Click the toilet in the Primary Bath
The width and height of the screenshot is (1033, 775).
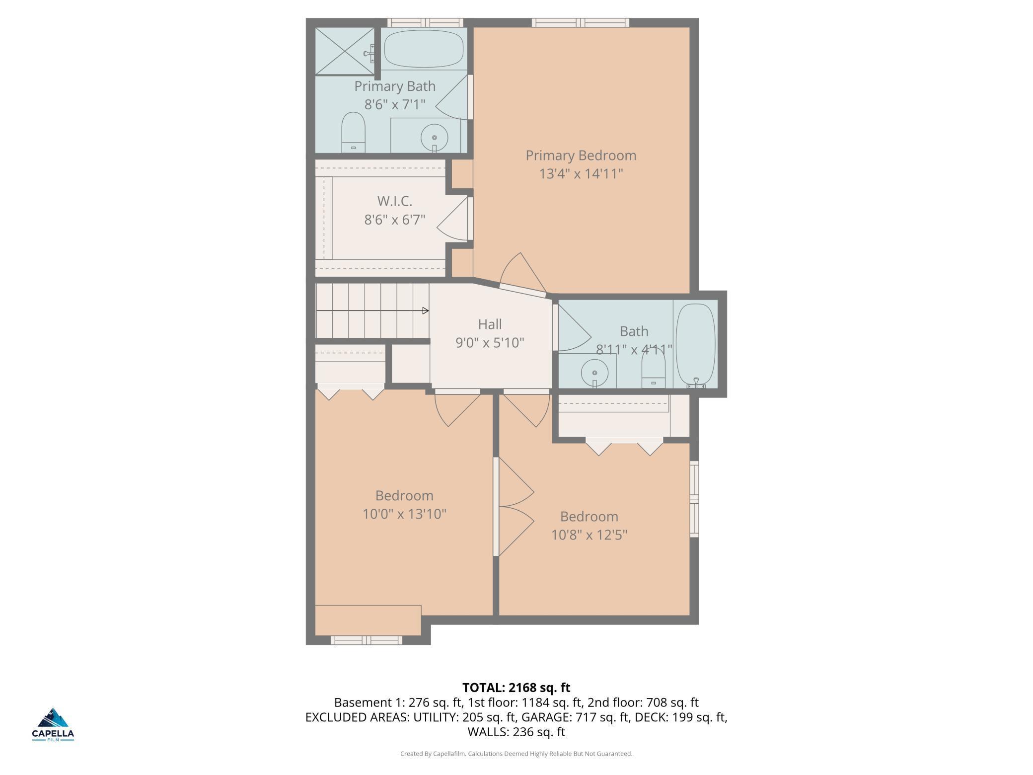click(353, 133)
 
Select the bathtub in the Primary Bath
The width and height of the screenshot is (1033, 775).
click(424, 49)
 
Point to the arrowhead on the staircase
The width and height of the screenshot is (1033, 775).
click(426, 311)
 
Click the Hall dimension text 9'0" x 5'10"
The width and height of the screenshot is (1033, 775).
click(490, 343)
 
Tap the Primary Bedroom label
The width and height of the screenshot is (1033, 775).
click(581, 155)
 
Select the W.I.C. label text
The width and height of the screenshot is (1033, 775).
click(395, 201)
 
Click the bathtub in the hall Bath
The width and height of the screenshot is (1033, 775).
click(696, 346)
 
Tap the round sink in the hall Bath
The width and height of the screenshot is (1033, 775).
click(594, 373)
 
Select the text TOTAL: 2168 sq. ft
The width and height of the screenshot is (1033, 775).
click(516, 688)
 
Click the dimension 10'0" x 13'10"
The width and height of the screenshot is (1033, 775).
click(405, 514)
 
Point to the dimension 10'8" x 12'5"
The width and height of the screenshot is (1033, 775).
click(590, 535)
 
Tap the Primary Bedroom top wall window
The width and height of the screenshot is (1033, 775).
click(581, 22)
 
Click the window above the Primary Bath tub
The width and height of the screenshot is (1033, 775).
click(425, 22)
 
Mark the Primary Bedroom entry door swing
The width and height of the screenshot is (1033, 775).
click(521, 275)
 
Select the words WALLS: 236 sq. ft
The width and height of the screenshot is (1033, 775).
click(516, 732)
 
